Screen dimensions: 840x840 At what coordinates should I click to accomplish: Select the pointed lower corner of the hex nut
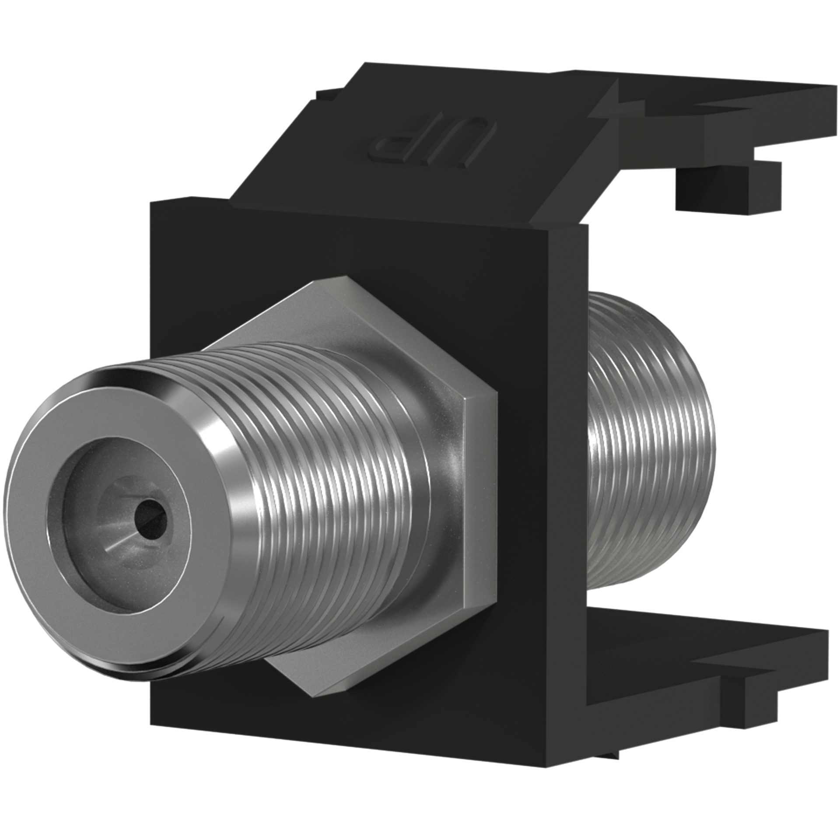tap(324, 696)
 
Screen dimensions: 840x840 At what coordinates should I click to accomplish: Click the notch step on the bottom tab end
tap(739, 696)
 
